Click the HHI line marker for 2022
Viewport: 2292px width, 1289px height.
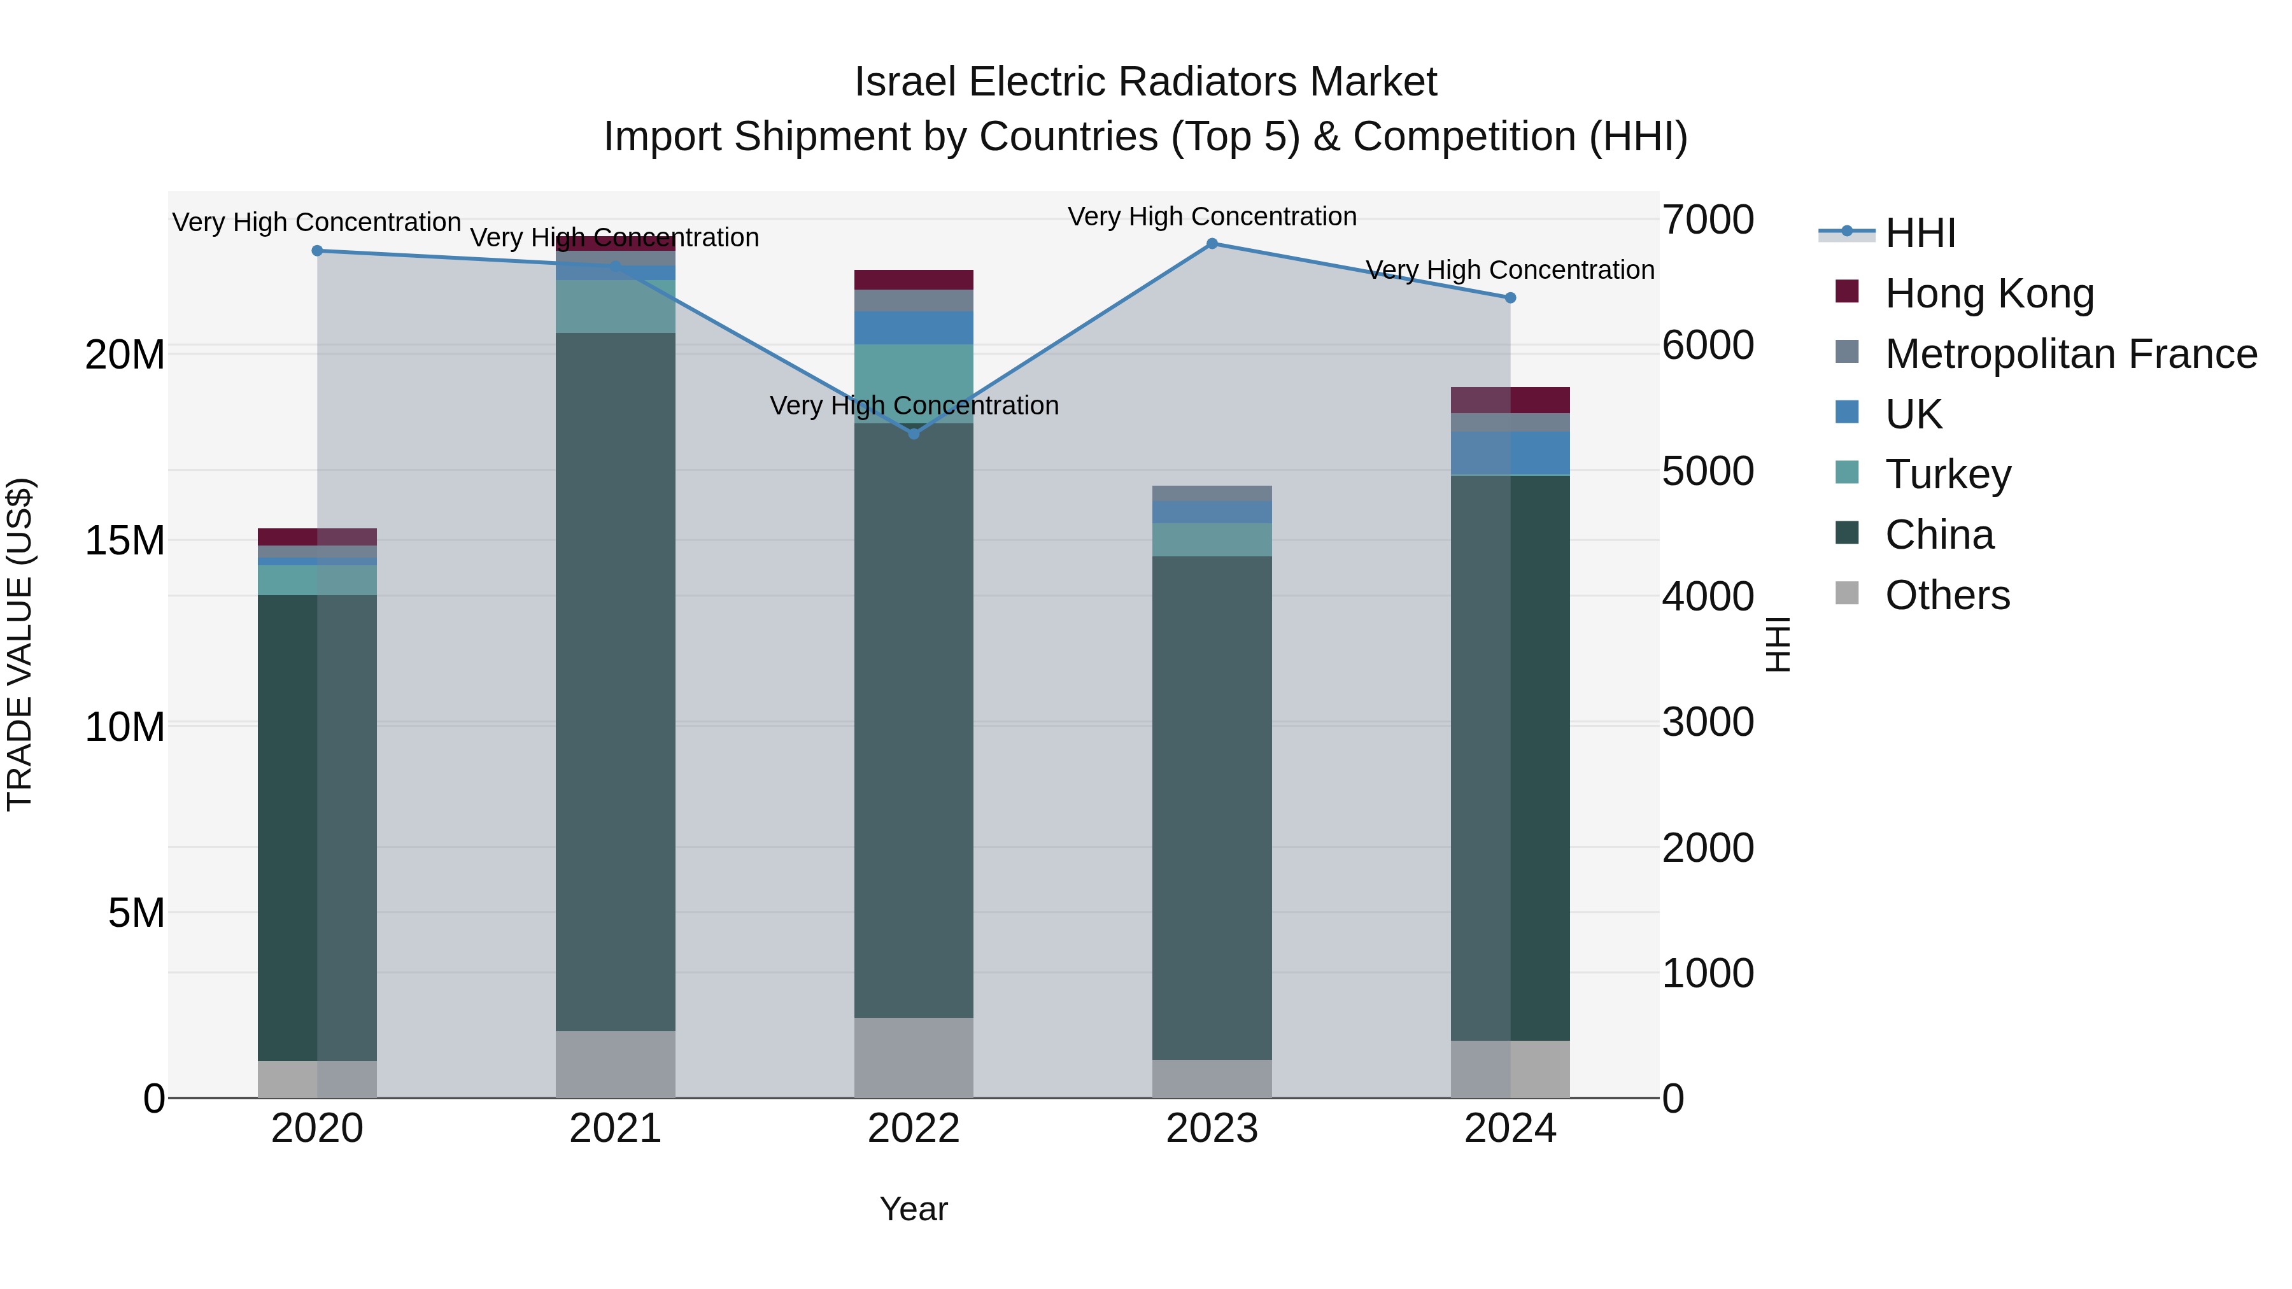point(914,433)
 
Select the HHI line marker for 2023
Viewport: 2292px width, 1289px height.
point(1212,243)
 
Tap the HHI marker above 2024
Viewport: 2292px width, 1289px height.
point(1510,298)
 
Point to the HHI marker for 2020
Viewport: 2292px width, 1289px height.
point(317,251)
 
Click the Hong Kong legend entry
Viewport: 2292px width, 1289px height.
point(1988,293)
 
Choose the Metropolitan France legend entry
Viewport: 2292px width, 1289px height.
point(2070,354)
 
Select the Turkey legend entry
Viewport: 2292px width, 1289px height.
point(1947,474)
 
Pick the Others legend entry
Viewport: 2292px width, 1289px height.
point(1947,595)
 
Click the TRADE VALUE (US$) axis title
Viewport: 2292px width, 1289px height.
point(20,644)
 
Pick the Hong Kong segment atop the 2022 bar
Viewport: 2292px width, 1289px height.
point(914,279)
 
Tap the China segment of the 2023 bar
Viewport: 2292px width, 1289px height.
point(1212,807)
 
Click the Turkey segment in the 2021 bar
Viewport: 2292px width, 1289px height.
point(615,306)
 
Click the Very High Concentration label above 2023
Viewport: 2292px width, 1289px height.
point(1212,216)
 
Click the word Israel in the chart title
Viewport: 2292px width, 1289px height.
point(907,82)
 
